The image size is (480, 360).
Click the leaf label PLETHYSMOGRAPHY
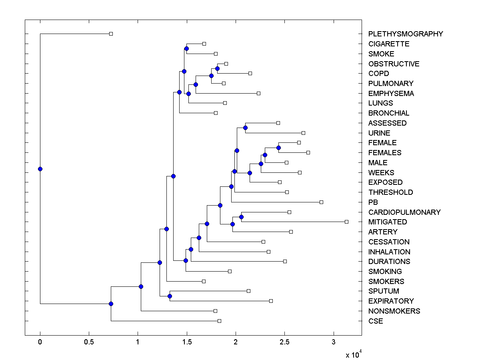tap(406, 34)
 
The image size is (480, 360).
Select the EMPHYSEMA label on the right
tap(391, 94)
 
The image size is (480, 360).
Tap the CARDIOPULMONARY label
tap(404, 212)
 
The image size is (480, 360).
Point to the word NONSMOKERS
tap(394, 311)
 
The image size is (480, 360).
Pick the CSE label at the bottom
tap(376, 321)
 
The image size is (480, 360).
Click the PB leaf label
tap(373, 202)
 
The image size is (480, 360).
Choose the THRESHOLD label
tap(391, 192)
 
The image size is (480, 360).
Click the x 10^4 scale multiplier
tap(353, 354)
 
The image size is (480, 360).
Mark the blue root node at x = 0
tap(40, 169)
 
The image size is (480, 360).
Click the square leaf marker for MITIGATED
tap(346, 222)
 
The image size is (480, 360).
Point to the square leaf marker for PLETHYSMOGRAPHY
tap(111, 34)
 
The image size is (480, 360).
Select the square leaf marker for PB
tap(321, 202)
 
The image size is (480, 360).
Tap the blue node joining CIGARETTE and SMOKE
tap(186, 48)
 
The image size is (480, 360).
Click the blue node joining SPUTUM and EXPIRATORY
tap(170, 296)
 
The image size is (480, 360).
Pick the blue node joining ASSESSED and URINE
tap(245, 128)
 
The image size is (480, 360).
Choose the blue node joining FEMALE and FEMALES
tap(278, 148)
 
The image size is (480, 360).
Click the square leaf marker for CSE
tap(219, 321)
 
